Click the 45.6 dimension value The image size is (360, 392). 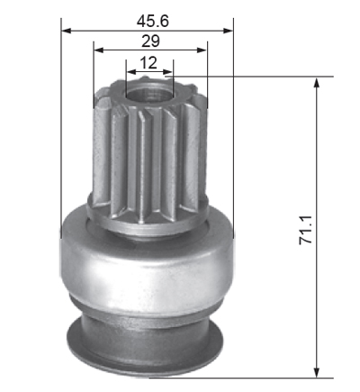point(153,22)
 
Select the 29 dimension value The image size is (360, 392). point(150,41)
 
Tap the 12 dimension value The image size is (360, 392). point(148,63)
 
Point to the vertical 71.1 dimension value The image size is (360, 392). point(306,230)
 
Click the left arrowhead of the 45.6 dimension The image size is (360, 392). point(66,31)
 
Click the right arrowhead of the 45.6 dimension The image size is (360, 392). point(229,31)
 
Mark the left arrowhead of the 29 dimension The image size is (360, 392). point(99,50)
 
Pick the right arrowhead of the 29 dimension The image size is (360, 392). point(202,50)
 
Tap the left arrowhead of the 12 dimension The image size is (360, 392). point(131,72)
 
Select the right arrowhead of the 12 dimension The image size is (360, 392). point(168,72)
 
